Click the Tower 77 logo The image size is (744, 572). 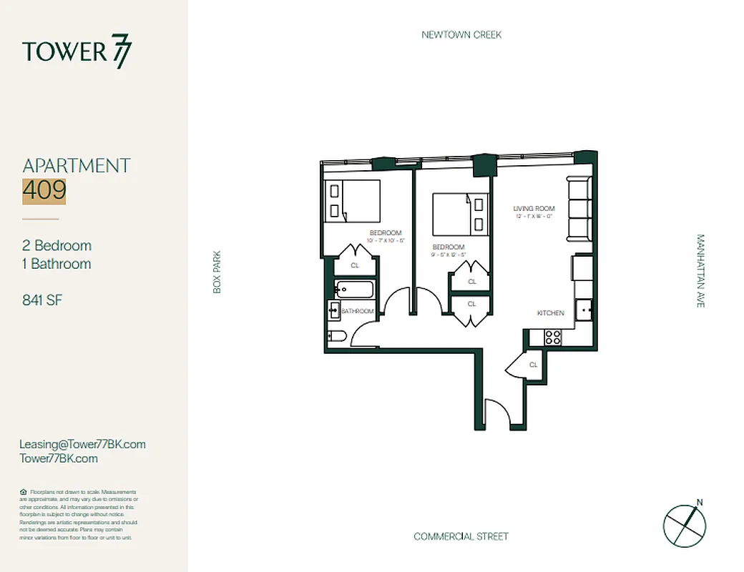pyautogui.click(x=77, y=53)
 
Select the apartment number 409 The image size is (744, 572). pyautogui.click(x=44, y=190)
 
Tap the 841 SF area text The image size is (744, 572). pyautogui.click(x=42, y=300)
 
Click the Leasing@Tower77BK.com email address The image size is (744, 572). pyautogui.click(x=82, y=444)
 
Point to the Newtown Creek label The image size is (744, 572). pyautogui.click(x=461, y=34)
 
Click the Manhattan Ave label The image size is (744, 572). pyautogui.click(x=700, y=271)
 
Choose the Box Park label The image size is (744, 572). pyautogui.click(x=217, y=271)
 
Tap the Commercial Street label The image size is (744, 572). pyautogui.click(x=461, y=536)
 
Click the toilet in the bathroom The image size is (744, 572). pyautogui.click(x=337, y=336)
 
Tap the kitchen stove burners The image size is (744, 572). pyautogui.click(x=552, y=337)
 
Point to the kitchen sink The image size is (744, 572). pyautogui.click(x=584, y=310)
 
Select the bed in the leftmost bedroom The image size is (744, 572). pyautogui.click(x=352, y=200)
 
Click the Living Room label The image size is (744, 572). pyautogui.click(x=534, y=209)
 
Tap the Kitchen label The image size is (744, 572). pyautogui.click(x=551, y=313)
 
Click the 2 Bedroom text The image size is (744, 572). pyautogui.click(x=57, y=245)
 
